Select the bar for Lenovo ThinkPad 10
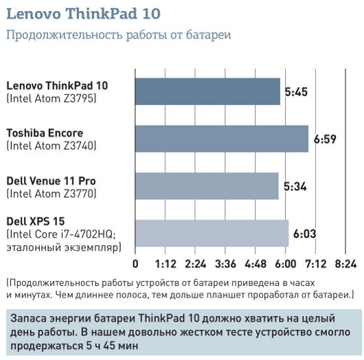(x=207, y=91)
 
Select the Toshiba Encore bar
(x=222, y=139)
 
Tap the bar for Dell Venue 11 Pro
(x=207, y=186)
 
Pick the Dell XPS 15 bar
(x=212, y=233)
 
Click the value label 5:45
(x=296, y=91)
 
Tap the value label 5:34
(x=295, y=186)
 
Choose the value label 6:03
(x=304, y=234)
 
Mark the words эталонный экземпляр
(x=62, y=247)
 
